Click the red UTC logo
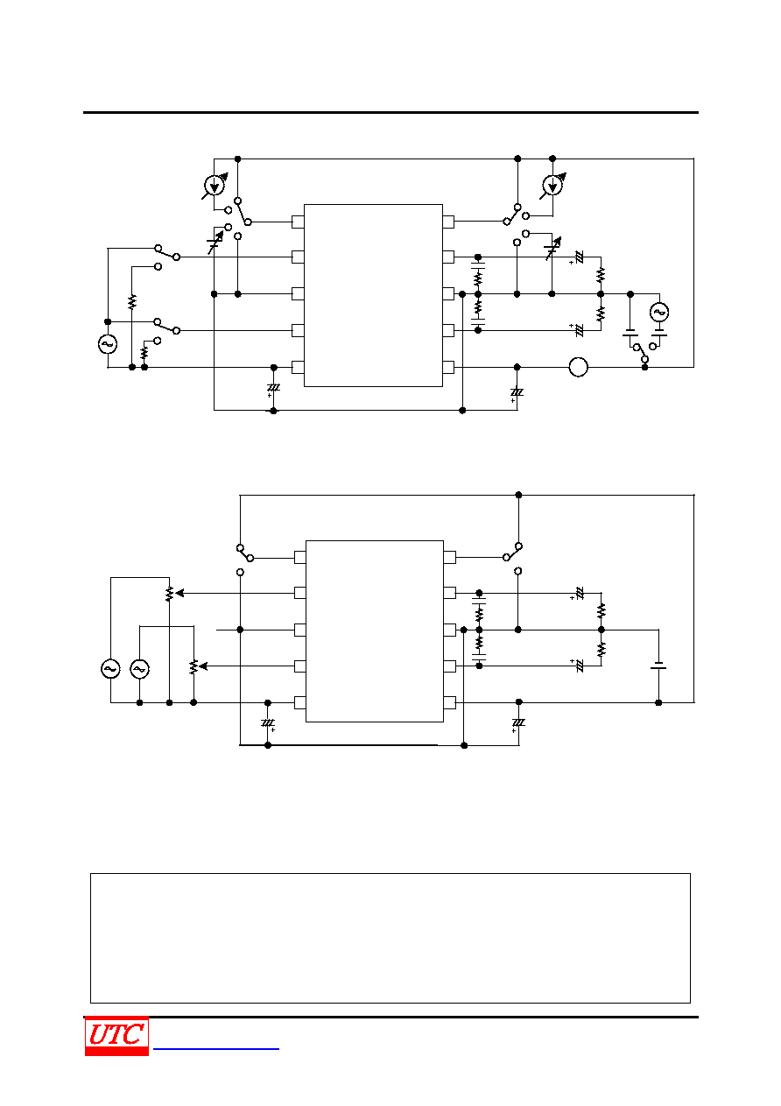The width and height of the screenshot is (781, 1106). (x=116, y=1036)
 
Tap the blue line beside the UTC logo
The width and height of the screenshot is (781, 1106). (x=216, y=1049)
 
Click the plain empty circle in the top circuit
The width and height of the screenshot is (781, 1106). (x=578, y=367)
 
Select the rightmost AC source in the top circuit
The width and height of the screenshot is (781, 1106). (x=658, y=312)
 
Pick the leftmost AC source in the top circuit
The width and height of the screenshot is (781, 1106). (x=108, y=344)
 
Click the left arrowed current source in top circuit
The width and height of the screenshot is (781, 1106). (x=215, y=186)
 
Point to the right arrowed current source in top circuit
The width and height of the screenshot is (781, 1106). (x=552, y=186)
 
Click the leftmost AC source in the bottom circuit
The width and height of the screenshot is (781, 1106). (x=110, y=669)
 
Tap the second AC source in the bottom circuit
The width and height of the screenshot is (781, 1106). (x=140, y=669)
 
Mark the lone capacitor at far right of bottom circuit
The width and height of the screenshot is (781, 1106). (x=658, y=666)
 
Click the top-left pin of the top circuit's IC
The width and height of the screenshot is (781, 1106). (x=298, y=222)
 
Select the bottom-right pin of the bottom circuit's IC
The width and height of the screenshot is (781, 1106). (x=450, y=702)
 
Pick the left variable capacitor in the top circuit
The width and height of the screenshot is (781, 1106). (x=215, y=243)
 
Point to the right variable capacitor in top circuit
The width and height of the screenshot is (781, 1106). (x=553, y=249)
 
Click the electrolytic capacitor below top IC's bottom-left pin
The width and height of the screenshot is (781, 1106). (x=273, y=389)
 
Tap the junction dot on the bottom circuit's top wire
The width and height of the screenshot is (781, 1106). (x=518, y=495)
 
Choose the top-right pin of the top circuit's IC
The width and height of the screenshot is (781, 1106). (x=448, y=222)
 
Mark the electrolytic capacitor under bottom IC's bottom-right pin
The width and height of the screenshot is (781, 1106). (x=517, y=724)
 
